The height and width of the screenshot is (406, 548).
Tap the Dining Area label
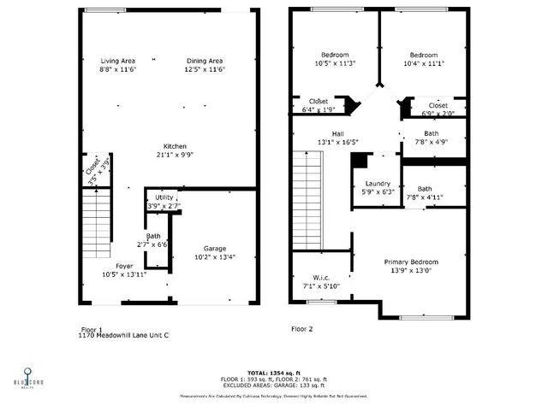tap(205, 61)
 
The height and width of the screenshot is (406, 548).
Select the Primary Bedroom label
tap(411, 262)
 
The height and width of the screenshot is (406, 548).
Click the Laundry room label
tap(378, 184)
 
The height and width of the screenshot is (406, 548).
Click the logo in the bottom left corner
tap(28, 377)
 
